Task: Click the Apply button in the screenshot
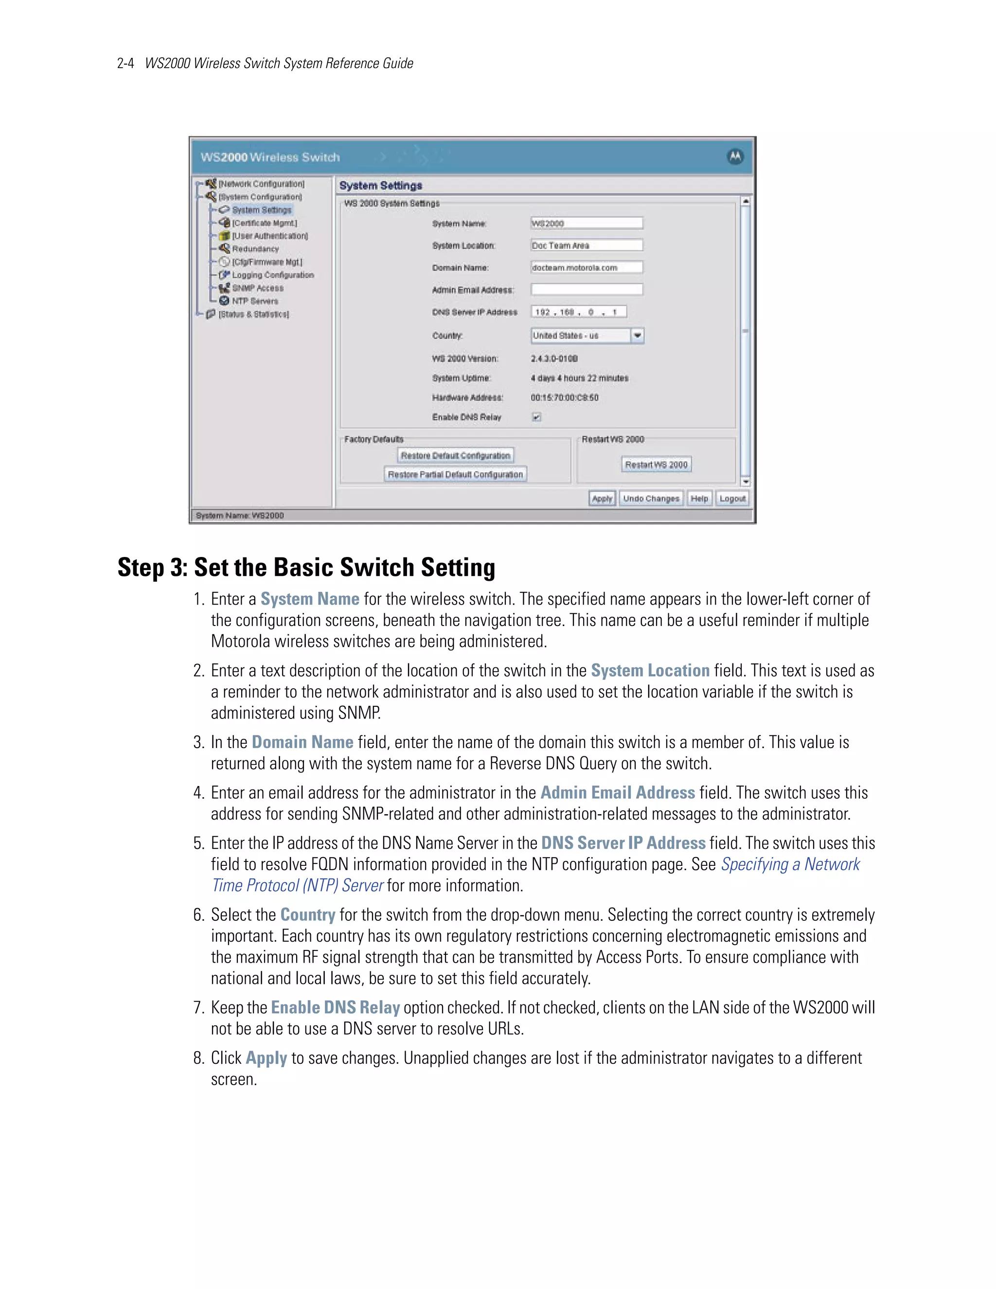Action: click(x=602, y=498)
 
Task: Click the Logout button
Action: click(x=732, y=498)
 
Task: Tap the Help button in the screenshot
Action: click(x=699, y=498)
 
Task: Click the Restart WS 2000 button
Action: click(x=656, y=465)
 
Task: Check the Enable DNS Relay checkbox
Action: click(x=536, y=417)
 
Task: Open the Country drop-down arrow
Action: click(x=637, y=335)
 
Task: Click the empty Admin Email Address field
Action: click(x=587, y=289)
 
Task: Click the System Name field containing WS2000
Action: click(x=587, y=223)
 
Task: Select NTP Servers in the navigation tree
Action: click(x=254, y=301)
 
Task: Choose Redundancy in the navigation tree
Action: click(x=255, y=249)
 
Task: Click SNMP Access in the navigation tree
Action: click(x=257, y=287)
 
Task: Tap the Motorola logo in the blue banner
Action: click(x=735, y=157)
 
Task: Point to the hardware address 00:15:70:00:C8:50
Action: click(x=564, y=397)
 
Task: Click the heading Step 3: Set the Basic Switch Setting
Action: click(x=306, y=567)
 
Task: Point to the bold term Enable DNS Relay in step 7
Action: click(x=335, y=1007)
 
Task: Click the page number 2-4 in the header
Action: click(x=125, y=63)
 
